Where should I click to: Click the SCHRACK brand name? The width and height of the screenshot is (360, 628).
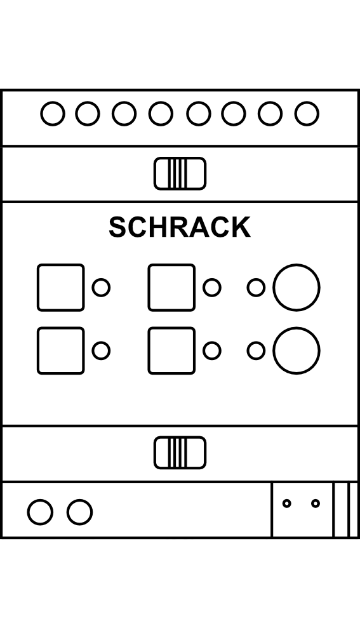[x=180, y=227]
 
